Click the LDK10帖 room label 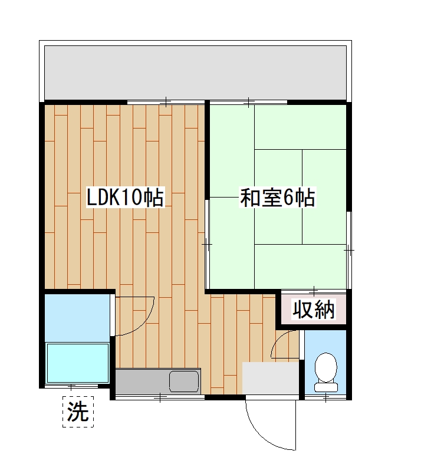[x=125, y=198]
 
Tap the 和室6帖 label [x=277, y=198]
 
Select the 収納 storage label [x=314, y=310]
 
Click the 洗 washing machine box [x=78, y=411]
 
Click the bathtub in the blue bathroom [x=78, y=363]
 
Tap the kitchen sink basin [x=185, y=381]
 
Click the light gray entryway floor [x=271, y=378]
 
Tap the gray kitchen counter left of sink [x=142, y=381]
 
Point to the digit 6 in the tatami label [x=289, y=198]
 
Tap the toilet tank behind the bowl [x=325, y=387]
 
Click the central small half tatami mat [x=278, y=196]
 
